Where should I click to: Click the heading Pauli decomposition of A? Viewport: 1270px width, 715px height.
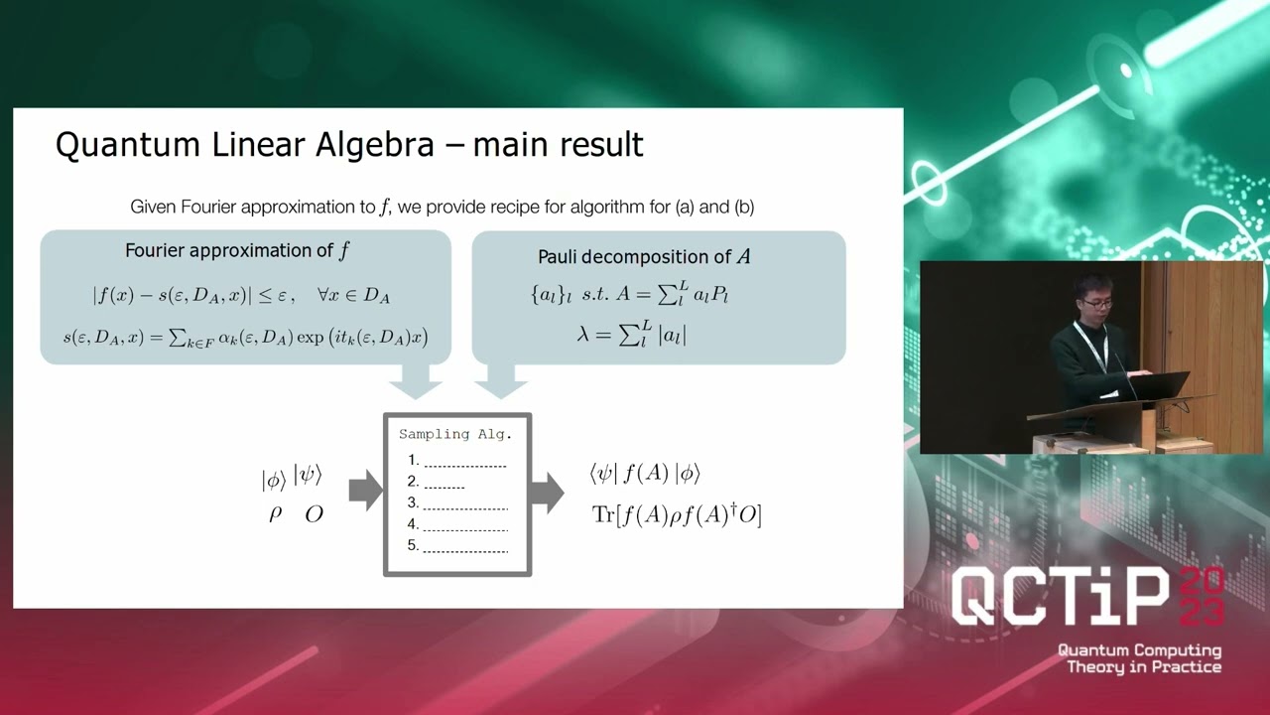point(644,257)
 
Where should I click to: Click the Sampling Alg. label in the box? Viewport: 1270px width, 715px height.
point(454,434)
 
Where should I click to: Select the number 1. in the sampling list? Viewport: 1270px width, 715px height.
point(414,460)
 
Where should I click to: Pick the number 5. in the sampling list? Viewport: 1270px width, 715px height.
point(414,545)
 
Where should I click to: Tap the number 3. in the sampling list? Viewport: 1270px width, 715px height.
point(414,502)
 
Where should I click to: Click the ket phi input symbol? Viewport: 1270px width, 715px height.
point(274,481)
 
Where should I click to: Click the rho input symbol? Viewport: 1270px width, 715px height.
point(275,514)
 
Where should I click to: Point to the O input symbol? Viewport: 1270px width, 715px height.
point(314,514)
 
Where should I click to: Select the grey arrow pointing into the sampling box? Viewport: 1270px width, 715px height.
point(365,491)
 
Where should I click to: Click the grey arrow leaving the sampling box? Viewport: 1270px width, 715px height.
point(548,492)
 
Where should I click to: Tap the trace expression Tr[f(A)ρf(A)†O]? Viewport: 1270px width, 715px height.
point(676,514)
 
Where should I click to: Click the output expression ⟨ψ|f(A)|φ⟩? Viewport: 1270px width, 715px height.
point(645,474)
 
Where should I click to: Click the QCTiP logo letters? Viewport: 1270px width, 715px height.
point(1062,600)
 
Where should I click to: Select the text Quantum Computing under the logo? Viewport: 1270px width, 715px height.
point(1139,650)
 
